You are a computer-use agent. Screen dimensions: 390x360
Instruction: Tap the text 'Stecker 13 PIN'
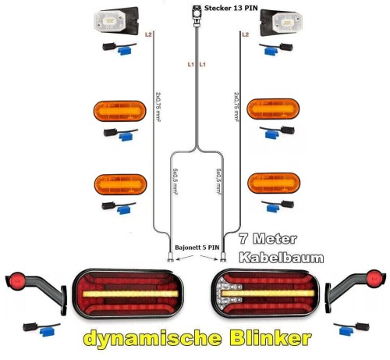(x=231, y=8)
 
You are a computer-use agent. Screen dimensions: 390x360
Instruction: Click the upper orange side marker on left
(x=119, y=111)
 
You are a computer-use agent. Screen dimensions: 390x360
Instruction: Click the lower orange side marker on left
(x=120, y=184)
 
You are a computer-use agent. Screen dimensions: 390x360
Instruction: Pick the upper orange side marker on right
(x=273, y=109)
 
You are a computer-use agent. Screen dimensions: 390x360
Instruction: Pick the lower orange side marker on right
(x=274, y=184)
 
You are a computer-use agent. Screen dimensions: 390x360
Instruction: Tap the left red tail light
(x=128, y=294)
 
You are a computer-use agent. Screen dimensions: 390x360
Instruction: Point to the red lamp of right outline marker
(x=374, y=278)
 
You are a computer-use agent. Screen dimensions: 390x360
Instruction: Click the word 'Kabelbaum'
(x=282, y=258)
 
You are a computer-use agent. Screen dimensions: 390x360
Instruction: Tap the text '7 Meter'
(x=268, y=239)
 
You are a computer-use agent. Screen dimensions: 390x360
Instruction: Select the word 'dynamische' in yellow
(x=153, y=339)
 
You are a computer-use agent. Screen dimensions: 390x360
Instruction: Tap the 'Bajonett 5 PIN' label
(x=197, y=248)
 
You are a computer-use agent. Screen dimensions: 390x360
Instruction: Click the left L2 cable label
(x=148, y=34)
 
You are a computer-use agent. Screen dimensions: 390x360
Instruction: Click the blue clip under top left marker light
(x=125, y=51)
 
